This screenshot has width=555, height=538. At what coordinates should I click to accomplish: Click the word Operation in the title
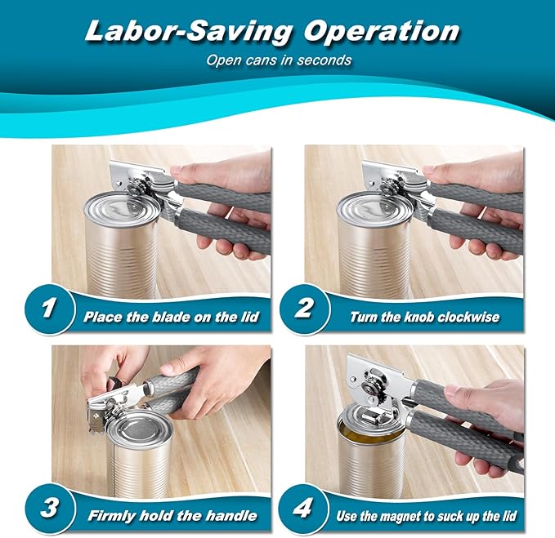(x=382, y=32)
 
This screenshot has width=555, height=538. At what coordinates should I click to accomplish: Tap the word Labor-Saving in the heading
(x=189, y=33)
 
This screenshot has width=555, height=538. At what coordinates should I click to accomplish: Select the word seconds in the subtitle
(x=324, y=60)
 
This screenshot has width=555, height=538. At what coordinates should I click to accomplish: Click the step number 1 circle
(x=50, y=309)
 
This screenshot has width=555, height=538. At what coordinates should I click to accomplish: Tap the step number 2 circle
(x=304, y=309)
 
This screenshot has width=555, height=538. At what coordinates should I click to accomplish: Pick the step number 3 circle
(x=50, y=509)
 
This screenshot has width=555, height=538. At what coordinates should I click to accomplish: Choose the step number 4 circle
(x=304, y=509)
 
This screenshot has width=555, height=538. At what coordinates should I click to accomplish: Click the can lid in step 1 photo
(x=122, y=207)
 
